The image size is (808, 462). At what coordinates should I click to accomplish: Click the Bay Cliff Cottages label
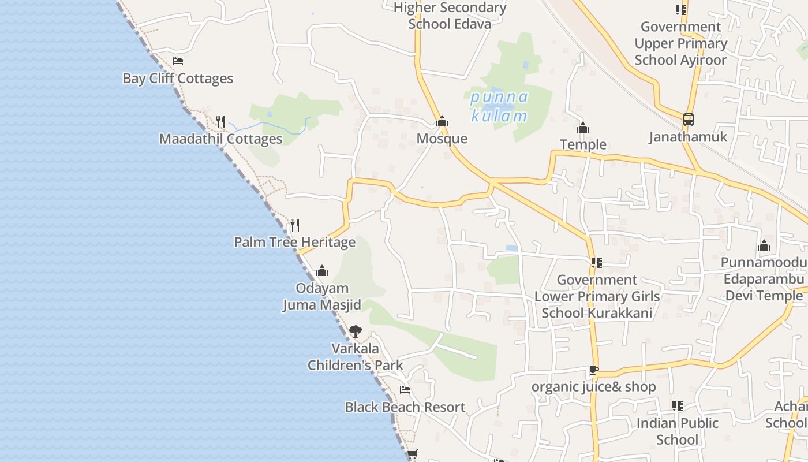pyautogui.click(x=178, y=79)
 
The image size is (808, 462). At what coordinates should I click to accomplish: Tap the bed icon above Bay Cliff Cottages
pyautogui.click(x=178, y=61)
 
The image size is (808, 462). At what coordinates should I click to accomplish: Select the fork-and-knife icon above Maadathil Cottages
pyautogui.click(x=220, y=121)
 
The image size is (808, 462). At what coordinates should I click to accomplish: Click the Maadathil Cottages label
pyautogui.click(x=221, y=139)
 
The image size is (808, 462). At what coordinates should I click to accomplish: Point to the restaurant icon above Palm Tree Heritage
pyautogui.click(x=295, y=225)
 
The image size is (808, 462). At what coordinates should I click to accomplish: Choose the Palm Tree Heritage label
pyautogui.click(x=294, y=242)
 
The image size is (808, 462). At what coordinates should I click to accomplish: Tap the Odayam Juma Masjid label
pyautogui.click(x=322, y=296)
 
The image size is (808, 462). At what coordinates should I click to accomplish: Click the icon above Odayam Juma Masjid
pyautogui.click(x=322, y=270)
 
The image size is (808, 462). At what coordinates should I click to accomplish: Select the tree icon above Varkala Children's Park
pyautogui.click(x=356, y=331)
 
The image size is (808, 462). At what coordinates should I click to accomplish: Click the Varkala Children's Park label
pyautogui.click(x=356, y=357)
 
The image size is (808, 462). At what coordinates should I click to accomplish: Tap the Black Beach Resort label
pyautogui.click(x=405, y=407)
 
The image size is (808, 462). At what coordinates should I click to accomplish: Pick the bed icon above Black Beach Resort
pyautogui.click(x=405, y=390)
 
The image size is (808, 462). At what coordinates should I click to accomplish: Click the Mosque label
pyautogui.click(x=442, y=139)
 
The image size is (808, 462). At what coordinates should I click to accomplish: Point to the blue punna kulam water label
pyautogui.click(x=499, y=106)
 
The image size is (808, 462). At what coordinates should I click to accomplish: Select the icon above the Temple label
pyautogui.click(x=583, y=127)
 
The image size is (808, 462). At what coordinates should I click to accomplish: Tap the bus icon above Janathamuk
pyautogui.click(x=688, y=120)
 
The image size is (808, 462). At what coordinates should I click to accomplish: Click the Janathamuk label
pyautogui.click(x=688, y=137)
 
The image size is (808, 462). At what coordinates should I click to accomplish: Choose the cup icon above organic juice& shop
pyautogui.click(x=593, y=370)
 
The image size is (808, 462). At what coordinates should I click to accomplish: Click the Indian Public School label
pyautogui.click(x=678, y=431)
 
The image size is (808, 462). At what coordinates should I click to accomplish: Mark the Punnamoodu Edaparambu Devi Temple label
pyautogui.click(x=763, y=280)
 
